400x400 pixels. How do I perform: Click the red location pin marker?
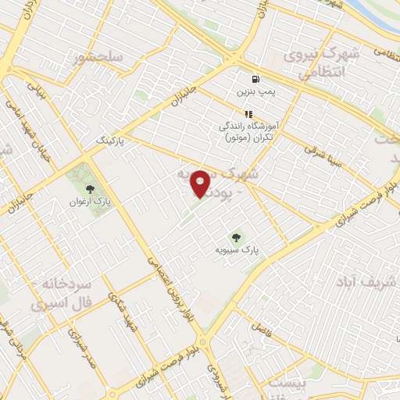pyautogui.click(x=200, y=184)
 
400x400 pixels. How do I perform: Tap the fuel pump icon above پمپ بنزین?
pyautogui.click(x=255, y=80)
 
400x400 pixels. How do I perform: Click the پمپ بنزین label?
pyautogui.click(x=256, y=92)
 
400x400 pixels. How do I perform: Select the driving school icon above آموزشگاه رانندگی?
pyautogui.click(x=249, y=113)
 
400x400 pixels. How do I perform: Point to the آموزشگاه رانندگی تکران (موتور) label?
pyautogui.click(x=249, y=131)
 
